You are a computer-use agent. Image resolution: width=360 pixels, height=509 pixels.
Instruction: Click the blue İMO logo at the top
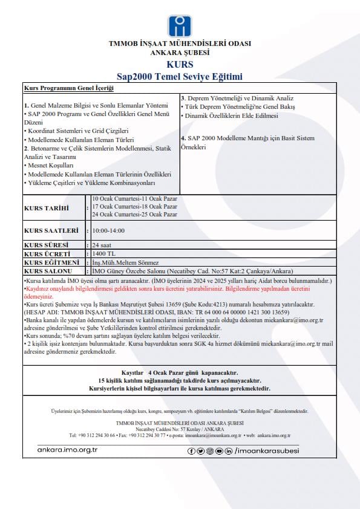point(180,25)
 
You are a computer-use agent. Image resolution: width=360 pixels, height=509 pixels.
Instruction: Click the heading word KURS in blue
point(180,65)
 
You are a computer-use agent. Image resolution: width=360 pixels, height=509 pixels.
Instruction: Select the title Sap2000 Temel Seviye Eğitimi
point(180,77)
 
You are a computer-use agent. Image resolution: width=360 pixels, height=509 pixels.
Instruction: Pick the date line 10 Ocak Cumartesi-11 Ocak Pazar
point(134,199)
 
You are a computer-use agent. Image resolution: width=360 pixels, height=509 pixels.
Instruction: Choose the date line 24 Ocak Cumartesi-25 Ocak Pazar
point(134,215)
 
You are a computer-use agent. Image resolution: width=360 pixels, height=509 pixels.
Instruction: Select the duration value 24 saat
point(102,245)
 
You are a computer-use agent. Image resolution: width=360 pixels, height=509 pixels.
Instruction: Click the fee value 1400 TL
point(103,254)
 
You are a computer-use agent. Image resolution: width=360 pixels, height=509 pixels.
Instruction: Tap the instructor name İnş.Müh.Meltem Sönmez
point(125,262)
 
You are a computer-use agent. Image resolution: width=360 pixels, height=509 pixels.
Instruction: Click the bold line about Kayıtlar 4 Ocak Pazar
point(180,373)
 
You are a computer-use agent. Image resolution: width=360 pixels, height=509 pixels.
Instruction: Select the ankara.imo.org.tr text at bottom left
point(67,450)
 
